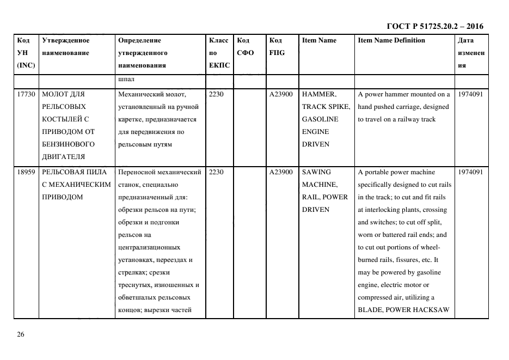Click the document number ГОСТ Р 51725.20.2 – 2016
click(434, 26)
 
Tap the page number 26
click(21, 334)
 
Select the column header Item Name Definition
click(391, 40)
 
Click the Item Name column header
click(319, 40)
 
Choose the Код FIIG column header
click(277, 46)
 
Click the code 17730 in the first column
click(26, 94)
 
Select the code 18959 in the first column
click(26, 172)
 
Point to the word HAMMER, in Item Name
click(320, 94)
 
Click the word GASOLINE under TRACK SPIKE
click(320, 119)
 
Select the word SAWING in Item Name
click(316, 172)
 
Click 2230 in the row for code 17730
click(217, 94)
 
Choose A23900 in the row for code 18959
click(281, 172)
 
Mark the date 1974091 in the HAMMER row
click(470, 94)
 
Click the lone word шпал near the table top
click(125, 81)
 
